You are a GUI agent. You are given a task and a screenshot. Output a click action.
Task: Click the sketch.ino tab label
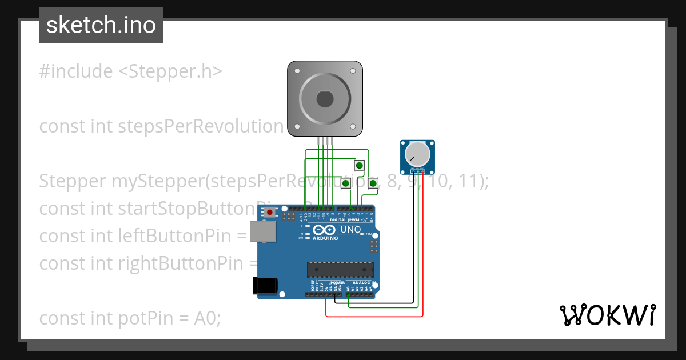pos(101,25)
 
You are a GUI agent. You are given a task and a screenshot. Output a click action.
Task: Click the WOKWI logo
pos(607,315)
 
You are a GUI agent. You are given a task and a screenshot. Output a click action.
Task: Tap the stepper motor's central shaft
pos(324,99)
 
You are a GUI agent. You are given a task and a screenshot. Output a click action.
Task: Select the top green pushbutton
pos(359,166)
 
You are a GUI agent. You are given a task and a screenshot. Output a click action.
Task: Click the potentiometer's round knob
pos(417,154)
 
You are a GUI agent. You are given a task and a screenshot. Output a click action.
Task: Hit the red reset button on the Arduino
pos(269,213)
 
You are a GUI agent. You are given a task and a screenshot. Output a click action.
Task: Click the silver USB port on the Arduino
pos(264,231)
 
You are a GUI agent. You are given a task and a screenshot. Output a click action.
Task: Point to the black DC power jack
pos(265,285)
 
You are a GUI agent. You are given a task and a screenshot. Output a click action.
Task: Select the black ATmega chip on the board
pos(340,269)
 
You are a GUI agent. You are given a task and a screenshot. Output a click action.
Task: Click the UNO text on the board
pos(350,230)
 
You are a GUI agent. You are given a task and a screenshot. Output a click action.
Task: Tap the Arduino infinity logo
pos(324,230)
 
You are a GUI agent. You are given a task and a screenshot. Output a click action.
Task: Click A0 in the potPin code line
pos(207,318)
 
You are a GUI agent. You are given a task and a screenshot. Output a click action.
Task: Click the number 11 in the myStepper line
pos(474,181)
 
